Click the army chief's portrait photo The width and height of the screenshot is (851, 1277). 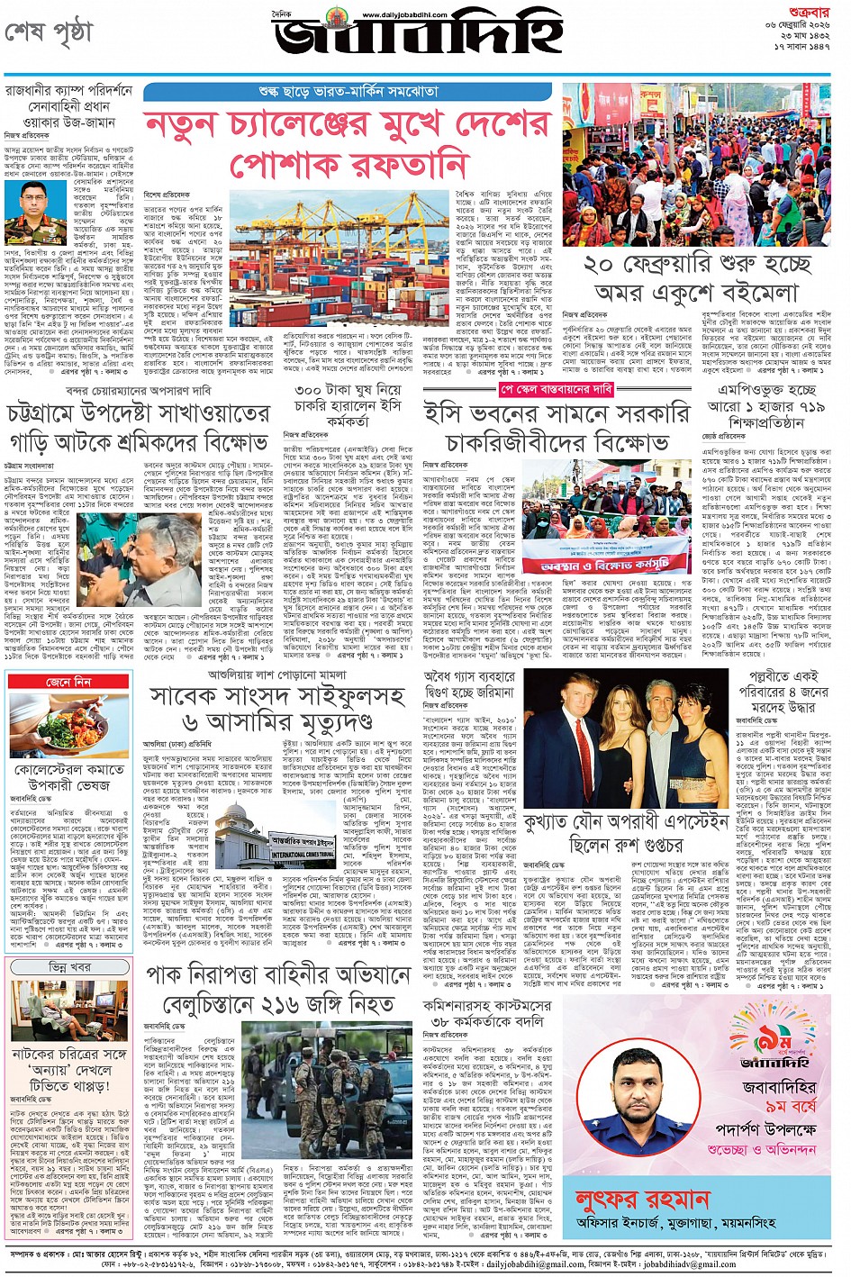[32, 213]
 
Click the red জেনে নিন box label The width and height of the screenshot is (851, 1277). [68, 682]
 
